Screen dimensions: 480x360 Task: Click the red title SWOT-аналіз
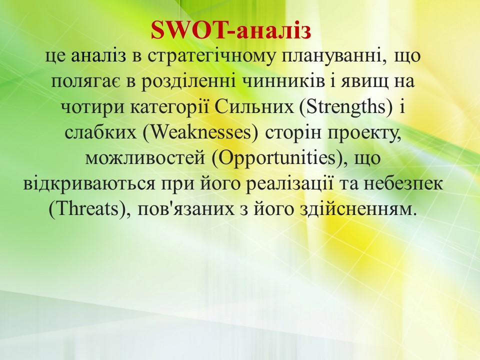tap(231, 30)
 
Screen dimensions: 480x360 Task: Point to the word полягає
tap(84, 82)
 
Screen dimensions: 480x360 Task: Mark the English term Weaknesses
tap(201, 133)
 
